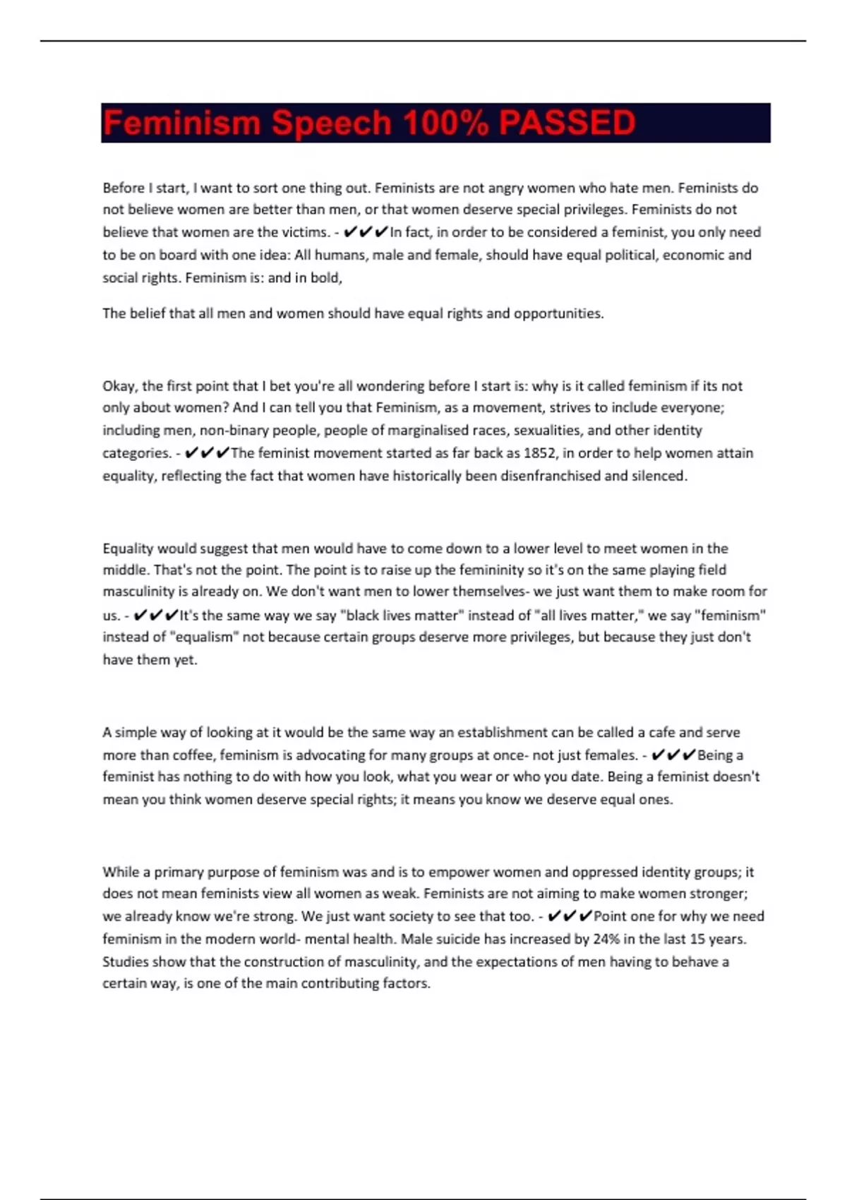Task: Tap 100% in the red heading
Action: (445, 123)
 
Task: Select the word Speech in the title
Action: (331, 123)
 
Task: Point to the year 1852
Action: (539, 453)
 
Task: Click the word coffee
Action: (191, 755)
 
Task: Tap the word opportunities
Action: (558, 313)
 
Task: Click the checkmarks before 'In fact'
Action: (366, 232)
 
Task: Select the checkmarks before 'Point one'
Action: (570, 916)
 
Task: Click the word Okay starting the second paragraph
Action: (120, 386)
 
